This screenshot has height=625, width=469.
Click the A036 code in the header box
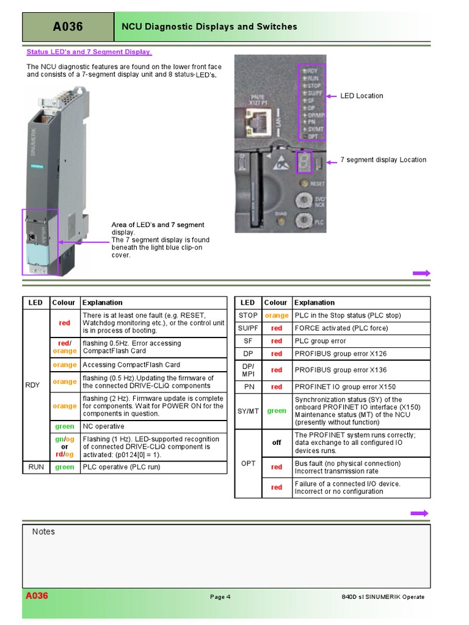[68, 27]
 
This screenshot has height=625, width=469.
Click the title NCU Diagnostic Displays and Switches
[209, 27]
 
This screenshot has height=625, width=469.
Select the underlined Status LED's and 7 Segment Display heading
[89, 52]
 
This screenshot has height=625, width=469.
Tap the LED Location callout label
[362, 96]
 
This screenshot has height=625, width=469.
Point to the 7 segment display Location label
[383, 160]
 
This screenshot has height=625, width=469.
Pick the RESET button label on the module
[317, 183]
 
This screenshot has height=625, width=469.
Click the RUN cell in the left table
[36, 467]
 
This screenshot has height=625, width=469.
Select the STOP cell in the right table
[248, 316]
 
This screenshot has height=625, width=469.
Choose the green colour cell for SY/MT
[277, 411]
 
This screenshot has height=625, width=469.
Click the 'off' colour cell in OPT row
[277, 443]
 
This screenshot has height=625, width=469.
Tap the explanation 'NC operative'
[103, 427]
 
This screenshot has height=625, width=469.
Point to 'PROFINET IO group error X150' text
[345, 386]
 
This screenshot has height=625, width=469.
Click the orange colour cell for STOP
[277, 316]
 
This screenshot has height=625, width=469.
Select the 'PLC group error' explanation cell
[321, 341]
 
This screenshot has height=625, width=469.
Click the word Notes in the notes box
[43, 532]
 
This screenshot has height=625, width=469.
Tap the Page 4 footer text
[220, 597]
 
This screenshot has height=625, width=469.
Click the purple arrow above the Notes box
[421, 513]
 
